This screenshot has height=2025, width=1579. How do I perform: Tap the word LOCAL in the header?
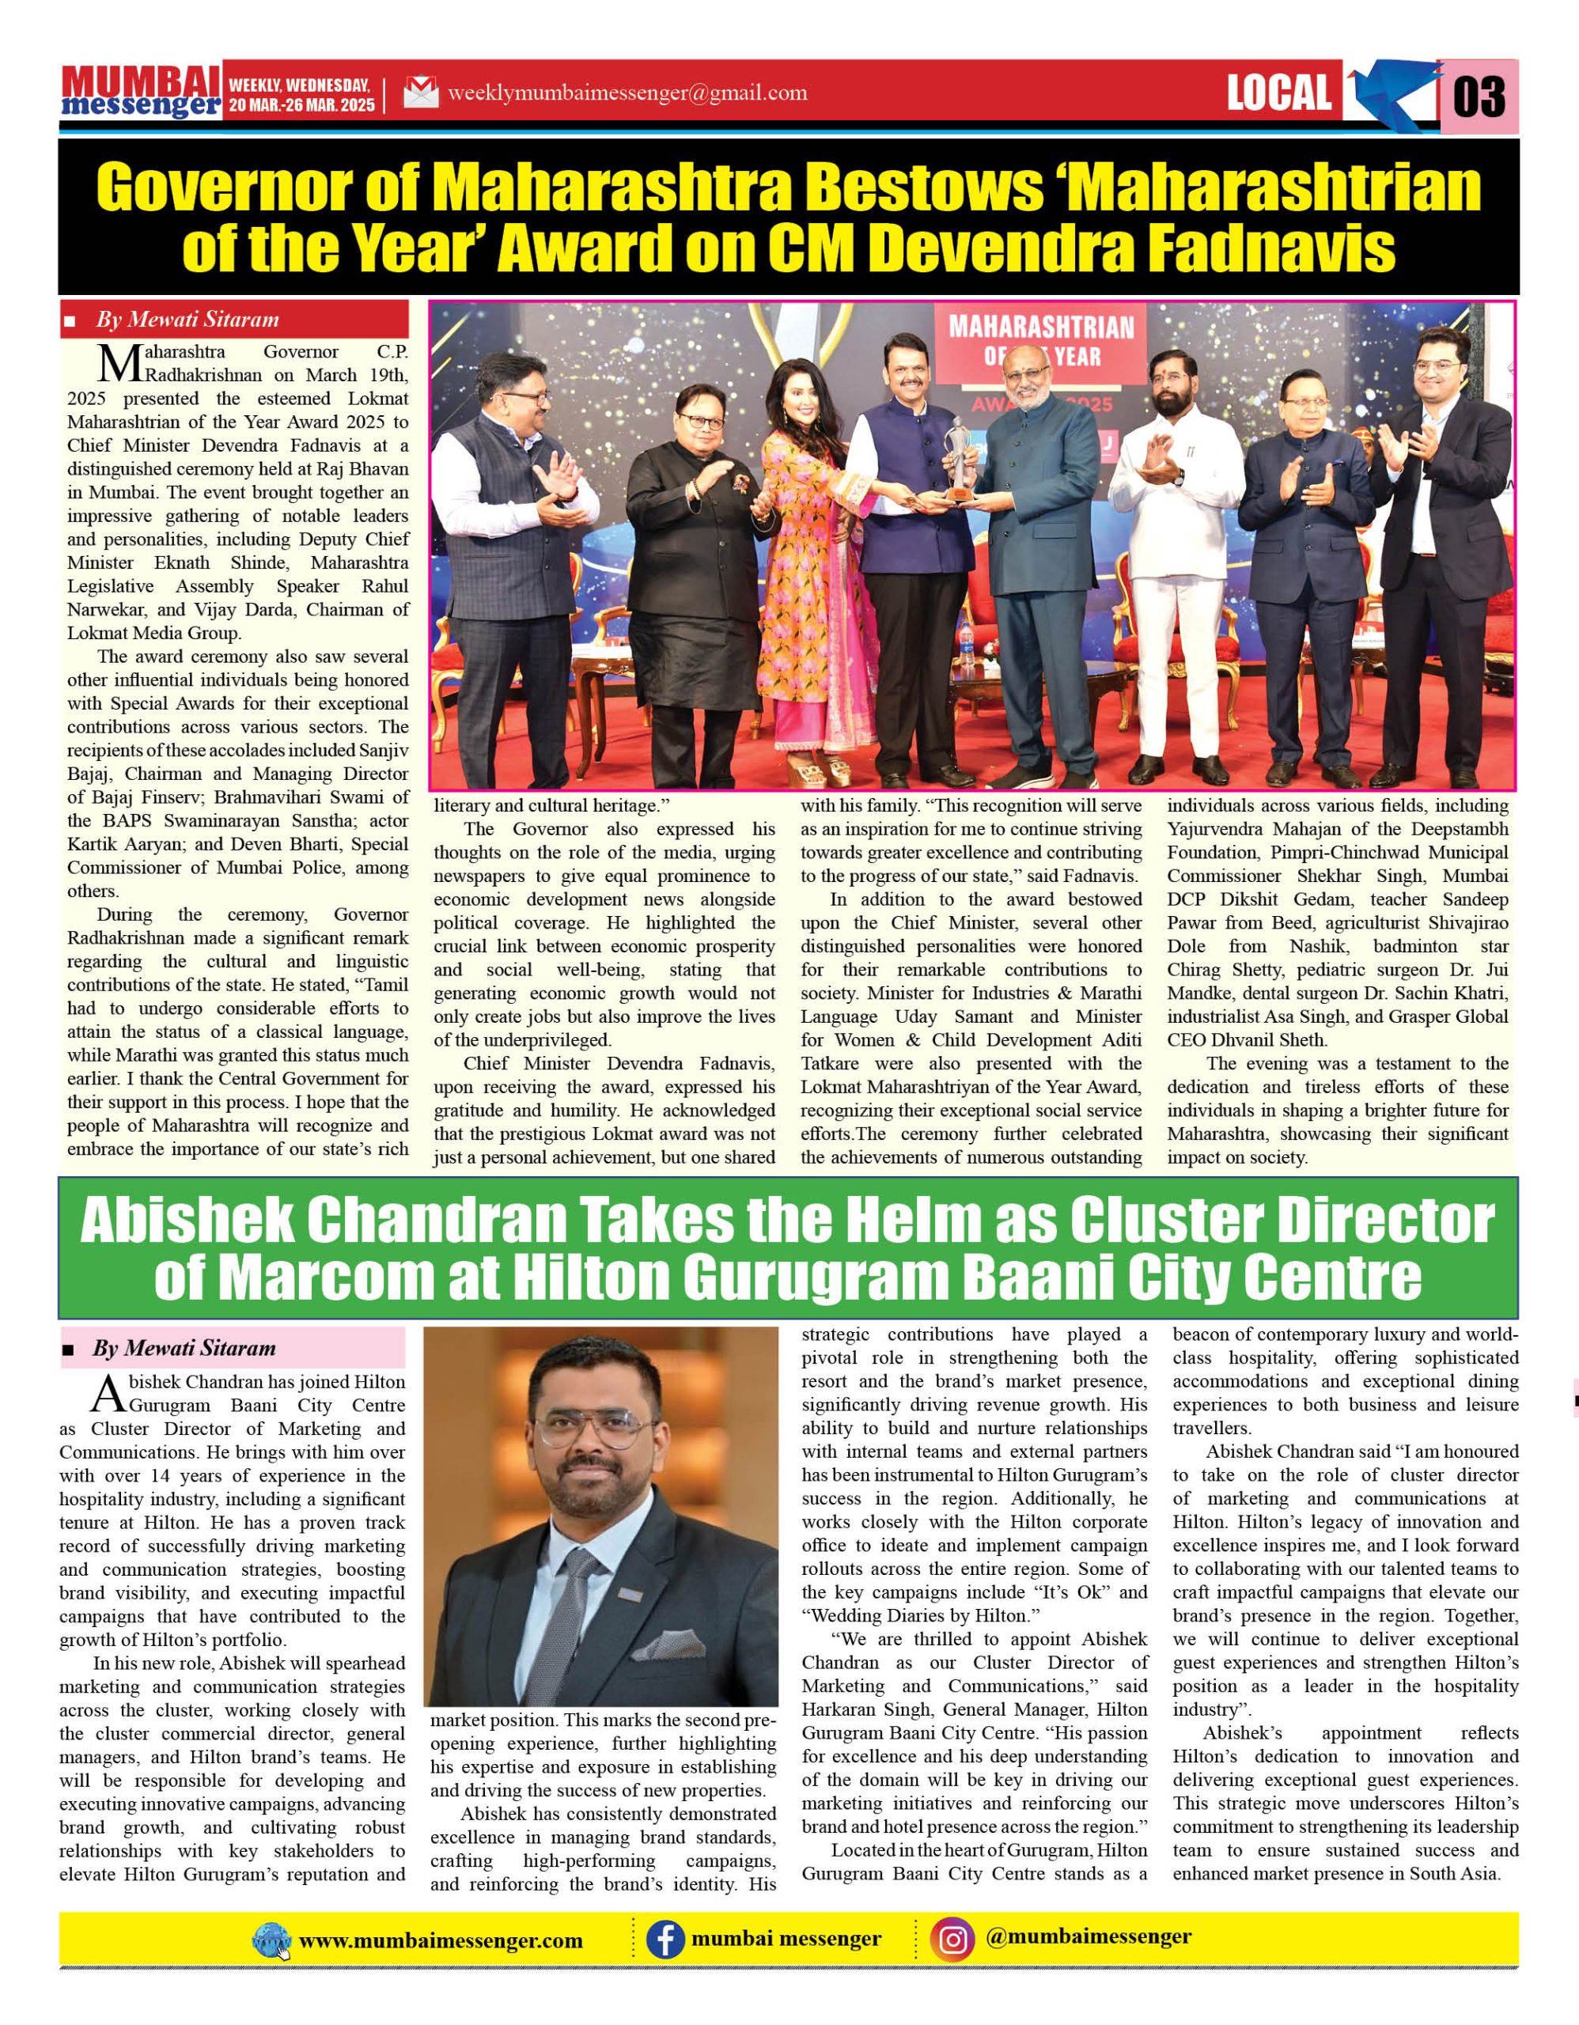pyautogui.click(x=1278, y=93)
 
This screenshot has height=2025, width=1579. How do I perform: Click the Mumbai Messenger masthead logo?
pyautogui.click(x=141, y=92)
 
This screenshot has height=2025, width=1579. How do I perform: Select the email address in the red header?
pyautogui.click(x=627, y=93)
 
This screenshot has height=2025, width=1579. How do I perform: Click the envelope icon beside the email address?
pyautogui.click(x=420, y=93)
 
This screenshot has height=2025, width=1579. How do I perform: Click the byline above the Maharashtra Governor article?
pyautogui.click(x=187, y=320)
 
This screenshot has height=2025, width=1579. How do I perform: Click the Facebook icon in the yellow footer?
pyautogui.click(x=665, y=1940)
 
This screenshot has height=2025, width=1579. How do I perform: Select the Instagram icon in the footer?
pyautogui.click(x=952, y=1940)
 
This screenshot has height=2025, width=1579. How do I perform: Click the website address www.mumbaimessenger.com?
pyautogui.click(x=441, y=1940)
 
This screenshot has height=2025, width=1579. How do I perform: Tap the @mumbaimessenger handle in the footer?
pyautogui.click(x=1088, y=1937)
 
